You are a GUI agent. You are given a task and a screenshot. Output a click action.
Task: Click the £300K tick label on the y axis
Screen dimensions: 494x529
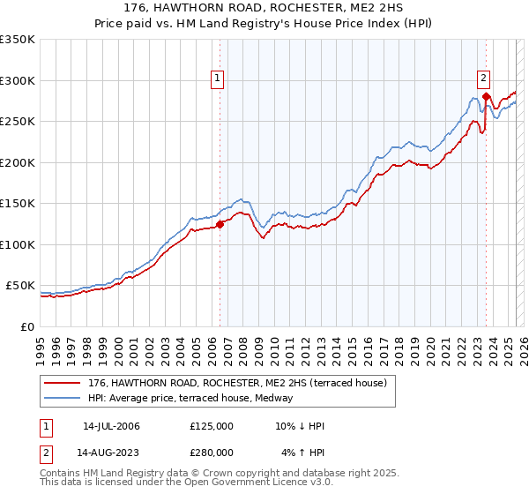pos(18,80)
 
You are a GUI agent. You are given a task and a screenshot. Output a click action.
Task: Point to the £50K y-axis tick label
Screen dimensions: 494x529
pos(20,286)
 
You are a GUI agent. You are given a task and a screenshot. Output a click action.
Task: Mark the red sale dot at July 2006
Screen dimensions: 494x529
pos(220,224)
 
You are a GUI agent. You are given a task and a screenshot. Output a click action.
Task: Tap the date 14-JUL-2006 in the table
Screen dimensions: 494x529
pos(111,426)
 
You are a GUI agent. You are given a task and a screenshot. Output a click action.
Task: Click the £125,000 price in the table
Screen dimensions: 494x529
pos(212,426)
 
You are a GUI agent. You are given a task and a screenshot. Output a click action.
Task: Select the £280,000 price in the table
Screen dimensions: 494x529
pos(212,453)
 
